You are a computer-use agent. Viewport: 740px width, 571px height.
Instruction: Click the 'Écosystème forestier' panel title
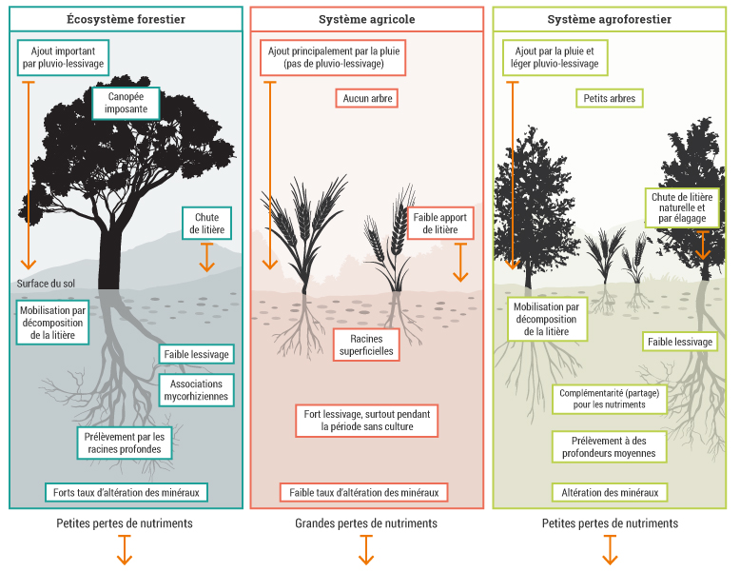click(x=127, y=19)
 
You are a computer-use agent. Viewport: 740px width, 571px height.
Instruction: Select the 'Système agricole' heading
click(x=366, y=19)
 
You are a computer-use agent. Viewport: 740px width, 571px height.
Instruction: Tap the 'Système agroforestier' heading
click(x=610, y=19)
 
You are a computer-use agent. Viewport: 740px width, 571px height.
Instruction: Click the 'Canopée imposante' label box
click(x=126, y=103)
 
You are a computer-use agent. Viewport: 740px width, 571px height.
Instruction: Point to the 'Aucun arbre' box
click(x=365, y=98)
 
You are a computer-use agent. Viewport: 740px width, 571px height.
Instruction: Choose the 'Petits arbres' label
click(x=610, y=98)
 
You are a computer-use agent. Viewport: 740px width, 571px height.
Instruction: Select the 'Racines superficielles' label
click(x=365, y=345)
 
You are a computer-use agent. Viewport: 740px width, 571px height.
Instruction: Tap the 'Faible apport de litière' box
click(x=440, y=224)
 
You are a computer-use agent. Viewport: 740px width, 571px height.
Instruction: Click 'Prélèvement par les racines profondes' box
click(x=127, y=443)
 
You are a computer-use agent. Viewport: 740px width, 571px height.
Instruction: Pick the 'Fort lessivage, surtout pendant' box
click(x=367, y=421)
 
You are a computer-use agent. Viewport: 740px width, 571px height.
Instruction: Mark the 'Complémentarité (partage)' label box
click(x=609, y=398)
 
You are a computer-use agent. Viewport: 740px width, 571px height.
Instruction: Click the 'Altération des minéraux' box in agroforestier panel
click(x=610, y=492)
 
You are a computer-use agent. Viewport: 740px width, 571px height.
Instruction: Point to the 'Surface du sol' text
click(x=45, y=284)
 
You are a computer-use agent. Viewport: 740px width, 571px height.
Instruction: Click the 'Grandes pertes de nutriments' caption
click(x=366, y=523)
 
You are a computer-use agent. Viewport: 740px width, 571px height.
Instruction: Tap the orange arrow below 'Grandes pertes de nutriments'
click(x=366, y=550)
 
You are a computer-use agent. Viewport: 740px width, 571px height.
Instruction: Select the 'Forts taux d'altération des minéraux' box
click(x=127, y=492)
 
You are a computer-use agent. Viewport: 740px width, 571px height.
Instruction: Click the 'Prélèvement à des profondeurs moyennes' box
click(x=610, y=446)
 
